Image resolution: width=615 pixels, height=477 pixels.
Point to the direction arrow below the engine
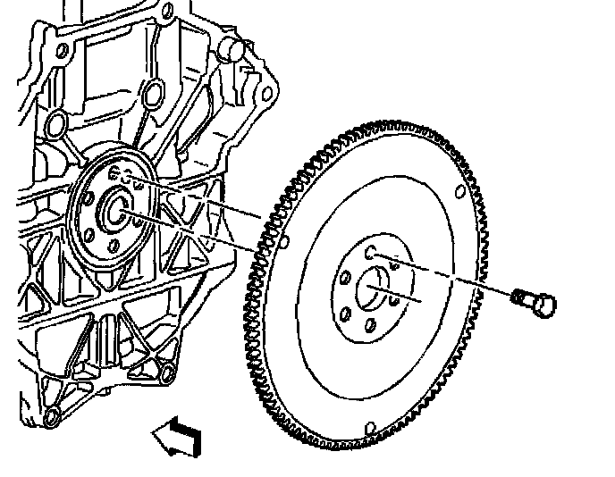[176, 437]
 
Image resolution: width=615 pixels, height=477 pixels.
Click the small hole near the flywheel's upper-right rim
[459, 189]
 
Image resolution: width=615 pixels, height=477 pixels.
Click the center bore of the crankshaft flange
[116, 210]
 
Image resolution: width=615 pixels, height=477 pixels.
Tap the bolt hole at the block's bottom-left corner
[51, 413]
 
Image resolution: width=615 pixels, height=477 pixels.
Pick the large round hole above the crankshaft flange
[150, 92]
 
